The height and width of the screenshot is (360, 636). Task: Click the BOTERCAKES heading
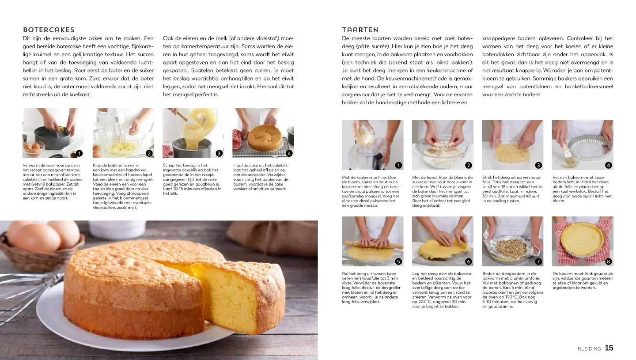pyautogui.click(x=49, y=30)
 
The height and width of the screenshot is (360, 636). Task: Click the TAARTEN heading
pyautogui.click(x=360, y=30)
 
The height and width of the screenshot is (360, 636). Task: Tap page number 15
pyautogui.click(x=609, y=348)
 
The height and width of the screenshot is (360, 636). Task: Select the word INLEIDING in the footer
pyautogui.click(x=589, y=349)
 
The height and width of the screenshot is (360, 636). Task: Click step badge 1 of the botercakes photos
pyautogui.click(x=79, y=153)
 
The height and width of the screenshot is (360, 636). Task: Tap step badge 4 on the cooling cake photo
pyautogui.click(x=289, y=153)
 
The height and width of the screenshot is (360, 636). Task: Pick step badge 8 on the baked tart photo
pyautogui.click(x=608, y=261)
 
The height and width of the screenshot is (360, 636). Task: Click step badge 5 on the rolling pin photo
pyautogui.click(x=398, y=261)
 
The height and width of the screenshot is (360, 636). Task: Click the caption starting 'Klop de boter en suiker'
pyautogui.click(x=123, y=186)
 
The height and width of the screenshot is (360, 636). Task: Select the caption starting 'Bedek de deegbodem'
pyautogui.click(x=512, y=290)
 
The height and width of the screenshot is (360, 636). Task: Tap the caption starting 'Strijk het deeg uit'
pyautogui.click(x=512, y=189)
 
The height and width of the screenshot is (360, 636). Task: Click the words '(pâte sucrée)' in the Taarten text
pyautogui.click(x=370, y=46)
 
